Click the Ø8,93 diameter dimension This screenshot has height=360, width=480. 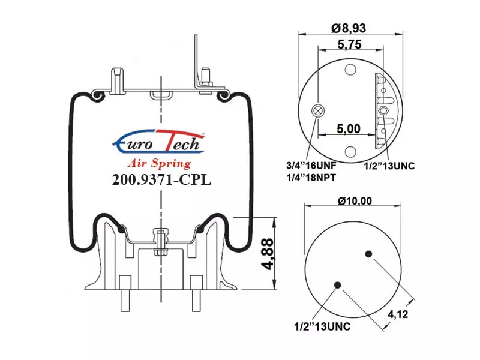tap(349, 28)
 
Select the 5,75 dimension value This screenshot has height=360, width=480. tap(349, 44)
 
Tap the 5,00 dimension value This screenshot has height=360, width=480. tap(349, 129)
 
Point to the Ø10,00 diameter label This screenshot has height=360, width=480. tap(355, 201)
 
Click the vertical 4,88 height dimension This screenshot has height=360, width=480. tap(267, 254)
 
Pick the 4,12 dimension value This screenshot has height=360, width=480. tap(398, 314)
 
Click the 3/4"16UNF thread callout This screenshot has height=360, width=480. tap(311, 166)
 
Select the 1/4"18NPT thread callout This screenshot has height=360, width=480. tap(311, 178)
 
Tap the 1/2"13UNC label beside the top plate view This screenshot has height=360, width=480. tap(389, 166)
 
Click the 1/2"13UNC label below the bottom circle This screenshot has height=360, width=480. tap(322, 326)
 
